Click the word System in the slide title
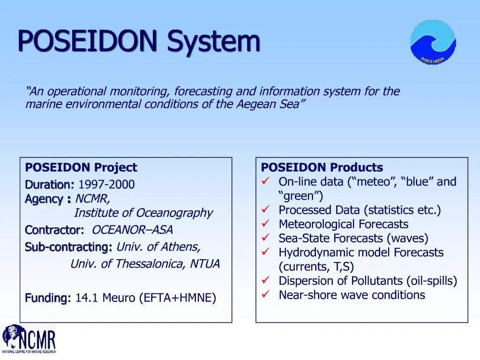click(214, 41)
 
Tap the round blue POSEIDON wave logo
click(433, 42)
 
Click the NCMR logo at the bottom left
click(29, 339)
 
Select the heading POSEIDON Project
click(81, 167)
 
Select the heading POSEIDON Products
click(322, 167)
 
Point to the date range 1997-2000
click(106, 185)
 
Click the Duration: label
click(50, 185)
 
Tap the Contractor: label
click(54, 230)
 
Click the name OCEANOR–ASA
click(132, 230)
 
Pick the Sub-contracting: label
click(68, 247)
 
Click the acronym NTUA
click(205, 264)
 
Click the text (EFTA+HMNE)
click(178, 298)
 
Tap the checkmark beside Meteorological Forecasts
click(265, 224)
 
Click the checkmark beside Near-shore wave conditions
click(265, 295)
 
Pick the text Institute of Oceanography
click(143, 213)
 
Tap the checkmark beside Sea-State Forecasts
click(265, 238)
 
